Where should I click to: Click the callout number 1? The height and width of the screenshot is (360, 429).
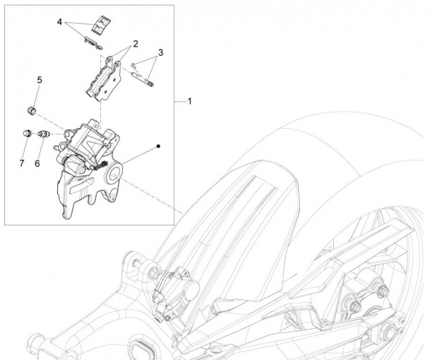190,102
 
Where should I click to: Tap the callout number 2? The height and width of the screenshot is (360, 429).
134,44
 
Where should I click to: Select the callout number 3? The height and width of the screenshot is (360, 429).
161,52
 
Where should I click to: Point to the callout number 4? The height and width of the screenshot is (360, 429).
60,23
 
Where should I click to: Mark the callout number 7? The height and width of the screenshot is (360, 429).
22,163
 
